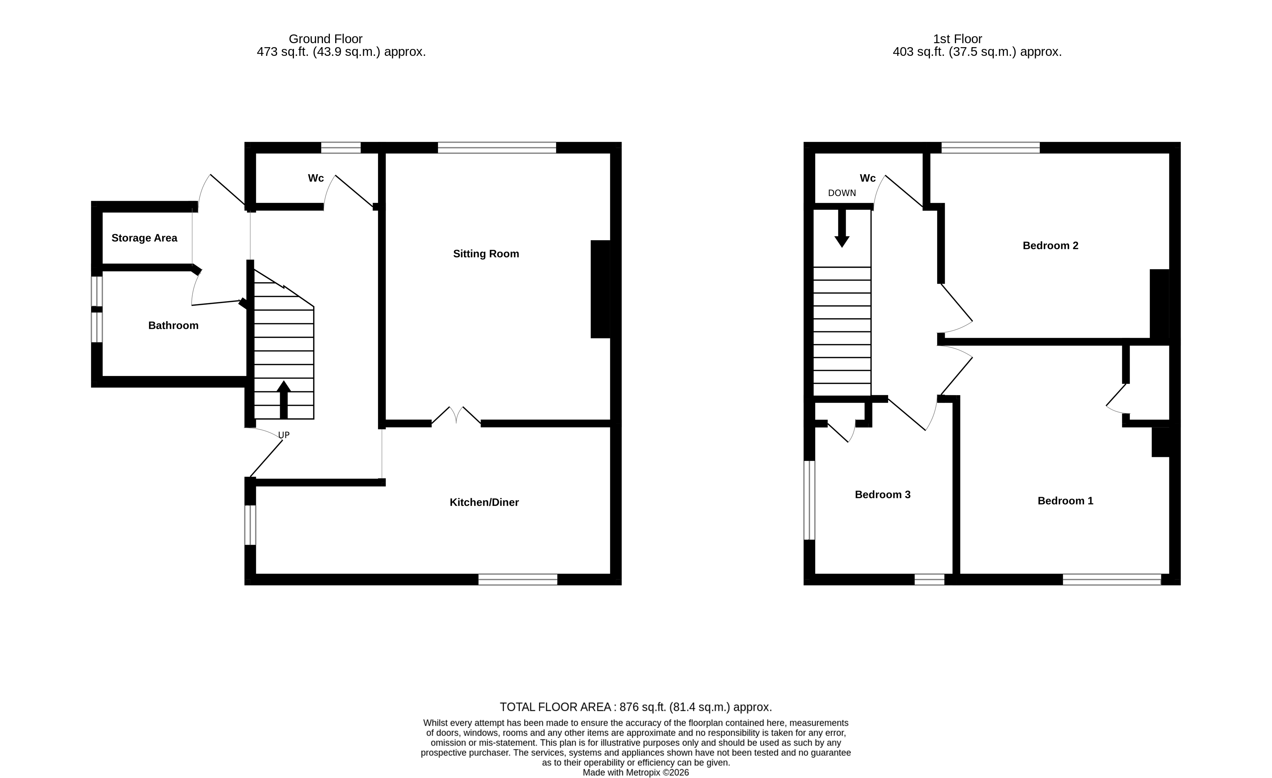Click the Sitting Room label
pos(486,254)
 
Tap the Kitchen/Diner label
pos(484,502)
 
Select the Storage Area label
pos(144,238)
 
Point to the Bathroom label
pos(173,325)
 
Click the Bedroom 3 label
pos(882,495)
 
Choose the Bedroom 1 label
pos(1065,501)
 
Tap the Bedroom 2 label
pos(1050,246)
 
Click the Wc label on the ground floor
pos(315,178)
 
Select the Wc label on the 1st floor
pos(867,178)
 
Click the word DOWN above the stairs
pos(841,193)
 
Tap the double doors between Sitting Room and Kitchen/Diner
pos(456,416)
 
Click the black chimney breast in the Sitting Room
pos(600,289)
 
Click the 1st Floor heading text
pos(957,39)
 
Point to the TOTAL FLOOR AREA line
pos(636,707)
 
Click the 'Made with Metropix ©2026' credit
pos(636,772)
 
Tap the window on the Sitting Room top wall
pos(497,148)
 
